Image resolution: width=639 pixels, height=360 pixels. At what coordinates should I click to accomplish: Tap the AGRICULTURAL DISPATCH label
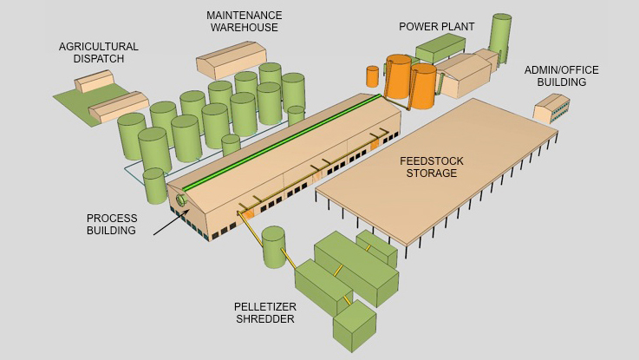[98, 52]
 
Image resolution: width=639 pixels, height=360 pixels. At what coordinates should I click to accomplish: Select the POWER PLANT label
[436, 26]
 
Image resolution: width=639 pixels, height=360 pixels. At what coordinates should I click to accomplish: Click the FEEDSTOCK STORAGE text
[427, 167]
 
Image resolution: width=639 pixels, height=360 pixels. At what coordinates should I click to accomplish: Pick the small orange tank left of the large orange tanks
[373, 76]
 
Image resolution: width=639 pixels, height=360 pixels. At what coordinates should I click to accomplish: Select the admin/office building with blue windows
[551, 109]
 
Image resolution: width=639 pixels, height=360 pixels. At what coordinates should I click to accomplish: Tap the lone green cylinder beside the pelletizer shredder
[274, 246]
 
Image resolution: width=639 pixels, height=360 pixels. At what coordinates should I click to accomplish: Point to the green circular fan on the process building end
[182, 200]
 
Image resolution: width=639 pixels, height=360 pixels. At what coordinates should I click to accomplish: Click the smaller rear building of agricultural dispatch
[95, 82]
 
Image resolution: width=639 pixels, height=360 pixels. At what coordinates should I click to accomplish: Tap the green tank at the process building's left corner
[154, 185]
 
